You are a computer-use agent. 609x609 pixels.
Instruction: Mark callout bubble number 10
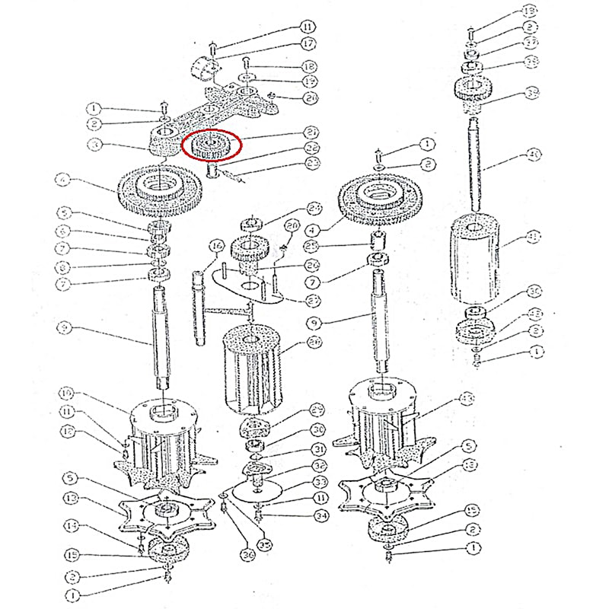(66, 394)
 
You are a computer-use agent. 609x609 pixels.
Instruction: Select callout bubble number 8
(66, 267)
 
